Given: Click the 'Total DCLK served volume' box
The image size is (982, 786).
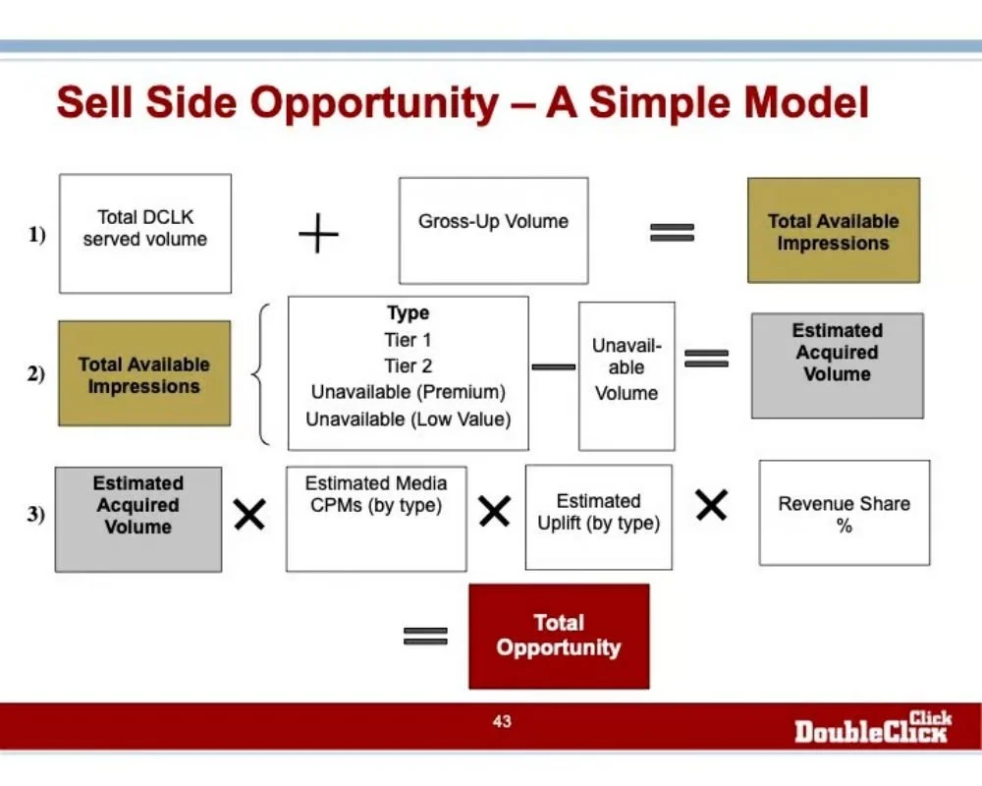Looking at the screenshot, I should pos(145,234).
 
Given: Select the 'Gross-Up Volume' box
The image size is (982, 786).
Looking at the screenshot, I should pos(493,231).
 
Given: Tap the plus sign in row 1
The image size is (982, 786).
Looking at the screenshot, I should pos(318,235).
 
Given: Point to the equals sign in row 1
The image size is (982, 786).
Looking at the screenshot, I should pos(672,233).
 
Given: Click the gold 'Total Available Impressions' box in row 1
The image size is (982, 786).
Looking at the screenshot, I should pos(834,231).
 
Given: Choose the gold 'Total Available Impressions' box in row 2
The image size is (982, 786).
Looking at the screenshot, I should pos(144,373).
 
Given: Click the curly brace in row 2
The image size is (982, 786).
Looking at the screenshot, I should pos(259,373).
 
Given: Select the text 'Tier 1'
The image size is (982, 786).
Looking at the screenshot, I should pos(408,340).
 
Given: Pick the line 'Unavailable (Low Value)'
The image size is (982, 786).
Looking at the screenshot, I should pos(408,420).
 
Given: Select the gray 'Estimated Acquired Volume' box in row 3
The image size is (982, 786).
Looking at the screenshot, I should pos(138,519).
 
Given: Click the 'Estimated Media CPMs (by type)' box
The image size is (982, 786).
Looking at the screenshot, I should pos(376,518).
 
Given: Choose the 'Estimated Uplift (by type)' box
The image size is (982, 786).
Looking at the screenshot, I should pos(598,517).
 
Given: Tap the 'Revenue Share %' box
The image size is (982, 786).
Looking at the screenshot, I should pos(844,513).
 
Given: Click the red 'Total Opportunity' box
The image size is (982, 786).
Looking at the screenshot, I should pos(559,636).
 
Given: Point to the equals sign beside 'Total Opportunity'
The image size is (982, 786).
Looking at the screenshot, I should pos(425,636).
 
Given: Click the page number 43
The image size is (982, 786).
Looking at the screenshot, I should pos(502,722).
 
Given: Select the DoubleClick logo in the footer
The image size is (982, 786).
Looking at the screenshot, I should pos(872,727).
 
